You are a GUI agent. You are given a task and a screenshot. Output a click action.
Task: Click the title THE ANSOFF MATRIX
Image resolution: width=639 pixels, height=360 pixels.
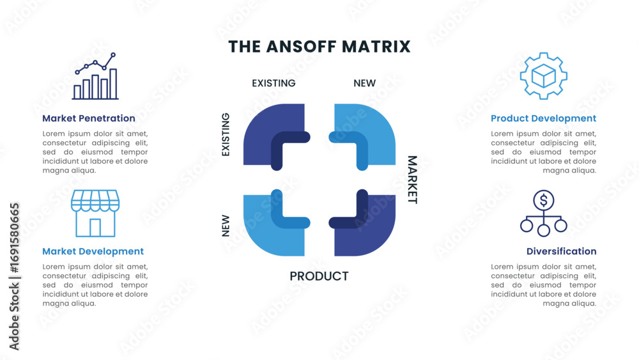pos(319,47)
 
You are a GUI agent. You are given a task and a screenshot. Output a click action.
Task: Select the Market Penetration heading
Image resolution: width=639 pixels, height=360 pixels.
pos(89,118)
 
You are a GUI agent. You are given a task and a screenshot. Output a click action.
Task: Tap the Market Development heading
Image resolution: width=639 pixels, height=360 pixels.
pos(93,251)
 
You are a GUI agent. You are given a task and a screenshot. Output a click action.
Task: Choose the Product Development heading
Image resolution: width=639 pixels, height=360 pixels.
pos(543,118)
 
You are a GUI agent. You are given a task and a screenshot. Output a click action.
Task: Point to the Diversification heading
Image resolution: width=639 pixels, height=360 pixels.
pos(561,251)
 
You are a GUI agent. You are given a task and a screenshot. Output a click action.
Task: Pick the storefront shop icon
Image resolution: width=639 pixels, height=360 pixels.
pos(95,214)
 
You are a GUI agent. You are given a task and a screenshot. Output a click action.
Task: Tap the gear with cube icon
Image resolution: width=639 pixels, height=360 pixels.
pos(543,76)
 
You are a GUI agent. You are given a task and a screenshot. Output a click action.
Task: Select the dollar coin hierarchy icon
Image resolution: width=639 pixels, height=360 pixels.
pos(543,213)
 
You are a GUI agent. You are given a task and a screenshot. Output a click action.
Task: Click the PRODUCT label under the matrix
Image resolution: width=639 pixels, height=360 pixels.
pos(319,276)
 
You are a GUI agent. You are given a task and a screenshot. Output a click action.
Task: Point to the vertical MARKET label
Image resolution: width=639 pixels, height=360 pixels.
pos(412,180)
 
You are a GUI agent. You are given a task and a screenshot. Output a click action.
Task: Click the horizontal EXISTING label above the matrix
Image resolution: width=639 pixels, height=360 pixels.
pos(273,83)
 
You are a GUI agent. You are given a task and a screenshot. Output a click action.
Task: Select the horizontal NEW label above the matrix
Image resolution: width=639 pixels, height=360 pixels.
pos(364,83)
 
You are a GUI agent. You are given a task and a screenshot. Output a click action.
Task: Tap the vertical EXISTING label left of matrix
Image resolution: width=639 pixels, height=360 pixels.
pos(226,135)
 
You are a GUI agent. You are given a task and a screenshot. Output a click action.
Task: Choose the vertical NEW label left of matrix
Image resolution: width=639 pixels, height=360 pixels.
pos(226,226)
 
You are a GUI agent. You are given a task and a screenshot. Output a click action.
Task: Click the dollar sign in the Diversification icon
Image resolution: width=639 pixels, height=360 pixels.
pos(543,201)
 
